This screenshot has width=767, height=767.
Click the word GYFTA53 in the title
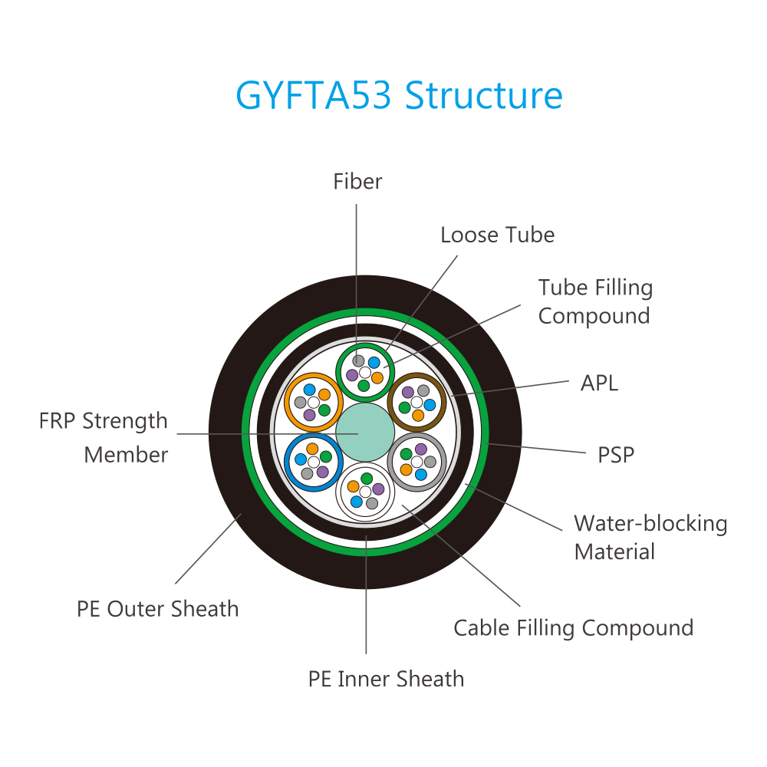[x=314, y=95]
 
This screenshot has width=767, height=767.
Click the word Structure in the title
[x=484, y=95]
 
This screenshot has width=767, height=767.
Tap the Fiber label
[x=357, y=182]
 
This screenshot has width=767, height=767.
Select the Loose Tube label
[x=498, y=235]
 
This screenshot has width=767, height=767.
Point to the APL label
[x=599, y=383]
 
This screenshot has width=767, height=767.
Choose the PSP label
[x=616, y=455]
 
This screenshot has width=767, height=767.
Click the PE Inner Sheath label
[x=386, y=679]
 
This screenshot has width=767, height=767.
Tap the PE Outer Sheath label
[x=157, y=609]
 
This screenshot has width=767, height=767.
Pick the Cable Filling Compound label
[x=573, y=628]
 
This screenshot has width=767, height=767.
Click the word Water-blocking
[x=650, y=523]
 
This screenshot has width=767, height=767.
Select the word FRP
[x=57, y=420]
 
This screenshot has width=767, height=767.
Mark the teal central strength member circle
[x=365, y=432]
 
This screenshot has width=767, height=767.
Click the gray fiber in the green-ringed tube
[x=358, y=361]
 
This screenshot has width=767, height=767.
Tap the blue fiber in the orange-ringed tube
[x=310, y=390]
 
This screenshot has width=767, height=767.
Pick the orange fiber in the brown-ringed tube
[x=418, y=415]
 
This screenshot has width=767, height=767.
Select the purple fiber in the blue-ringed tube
[x=322, y=472]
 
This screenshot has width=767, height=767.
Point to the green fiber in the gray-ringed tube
[x=406, y=454]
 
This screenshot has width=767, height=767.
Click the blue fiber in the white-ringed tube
[x=357, y=502]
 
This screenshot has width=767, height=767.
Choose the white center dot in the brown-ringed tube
[x=416, y=403]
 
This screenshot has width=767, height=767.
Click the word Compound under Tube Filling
[x=594, y=317]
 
